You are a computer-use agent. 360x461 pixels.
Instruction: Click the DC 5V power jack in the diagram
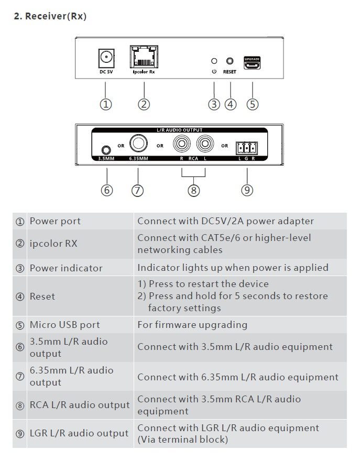point(106,57)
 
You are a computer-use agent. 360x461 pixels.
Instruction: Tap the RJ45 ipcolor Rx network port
point(144,57)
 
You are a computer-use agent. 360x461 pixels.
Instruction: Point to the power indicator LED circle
point(214,61)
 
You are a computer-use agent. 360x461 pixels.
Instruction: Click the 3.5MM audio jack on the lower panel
point(107,149)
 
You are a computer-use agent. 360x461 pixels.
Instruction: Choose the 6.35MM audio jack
point(139,142)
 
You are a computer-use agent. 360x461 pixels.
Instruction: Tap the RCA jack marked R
point(182,142)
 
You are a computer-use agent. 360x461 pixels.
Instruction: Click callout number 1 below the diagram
point(106,104)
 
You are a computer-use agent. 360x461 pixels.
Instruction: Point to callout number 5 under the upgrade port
point(253,104)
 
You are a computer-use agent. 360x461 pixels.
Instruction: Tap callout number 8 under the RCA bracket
point(193,190)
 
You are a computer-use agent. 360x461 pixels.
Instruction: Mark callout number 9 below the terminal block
point(247,190)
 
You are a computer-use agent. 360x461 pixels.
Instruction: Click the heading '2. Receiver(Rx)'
point(50,17)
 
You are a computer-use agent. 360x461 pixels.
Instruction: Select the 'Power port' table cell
point(55,221)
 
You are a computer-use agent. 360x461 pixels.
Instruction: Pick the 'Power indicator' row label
point(66,268)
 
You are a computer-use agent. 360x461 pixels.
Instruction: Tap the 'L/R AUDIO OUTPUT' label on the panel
point(180,130)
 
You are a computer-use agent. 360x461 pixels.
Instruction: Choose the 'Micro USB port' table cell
point(64,325)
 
